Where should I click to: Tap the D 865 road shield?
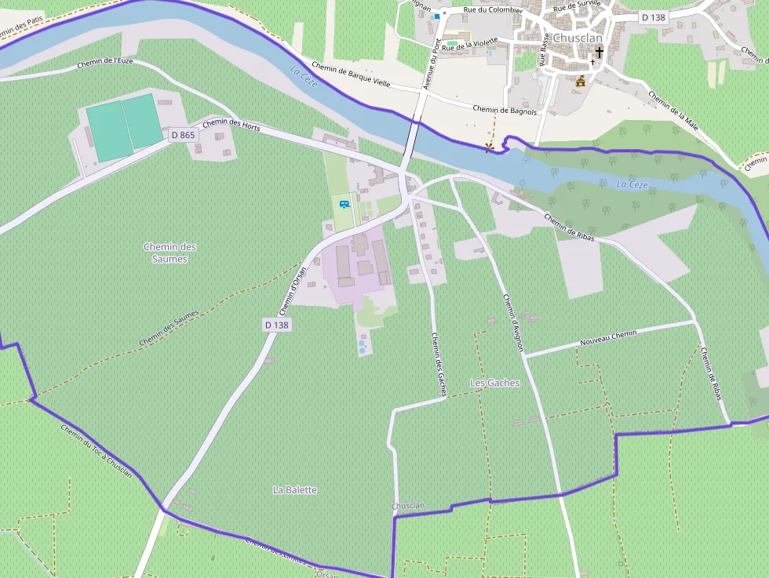tap(183, 135)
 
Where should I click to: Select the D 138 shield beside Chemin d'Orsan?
tap(277, 325)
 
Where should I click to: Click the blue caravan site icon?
tap(344, 205)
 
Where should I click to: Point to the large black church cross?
tap(600, 53)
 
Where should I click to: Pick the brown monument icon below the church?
tap(581, 82)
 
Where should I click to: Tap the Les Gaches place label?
tap(494, 383)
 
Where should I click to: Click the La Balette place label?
tap(295, 489)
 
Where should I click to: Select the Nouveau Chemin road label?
tap(608, 338)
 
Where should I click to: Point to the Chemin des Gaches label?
tap(438, 364)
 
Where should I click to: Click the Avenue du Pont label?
tap(432, 63)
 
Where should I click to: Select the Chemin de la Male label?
tap(673, 110)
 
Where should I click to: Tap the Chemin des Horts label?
tap(231, 124)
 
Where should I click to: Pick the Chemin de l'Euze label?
tap(109, 62)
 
